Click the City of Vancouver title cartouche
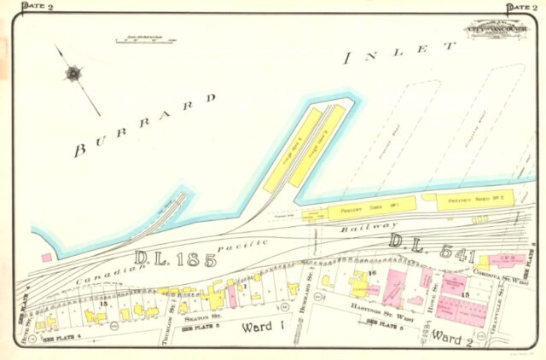(x=494, y=31)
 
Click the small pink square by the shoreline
(x=46, y=257)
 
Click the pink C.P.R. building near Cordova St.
(x=496, y=260)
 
